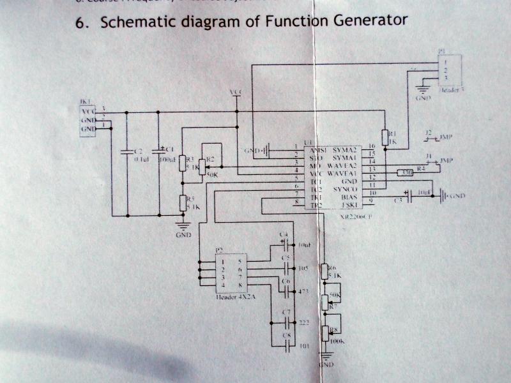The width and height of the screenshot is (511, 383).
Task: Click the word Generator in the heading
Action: tap(370, 20)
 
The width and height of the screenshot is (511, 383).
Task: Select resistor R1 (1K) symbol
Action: tap(385, 137)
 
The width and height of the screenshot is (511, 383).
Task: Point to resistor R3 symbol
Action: tap(182, 163)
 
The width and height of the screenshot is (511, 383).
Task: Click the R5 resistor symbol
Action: tap(182, 202)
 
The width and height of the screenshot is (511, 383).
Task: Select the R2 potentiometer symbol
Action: tap(202, 167)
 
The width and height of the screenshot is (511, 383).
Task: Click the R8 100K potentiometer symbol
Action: tap(325, 333)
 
